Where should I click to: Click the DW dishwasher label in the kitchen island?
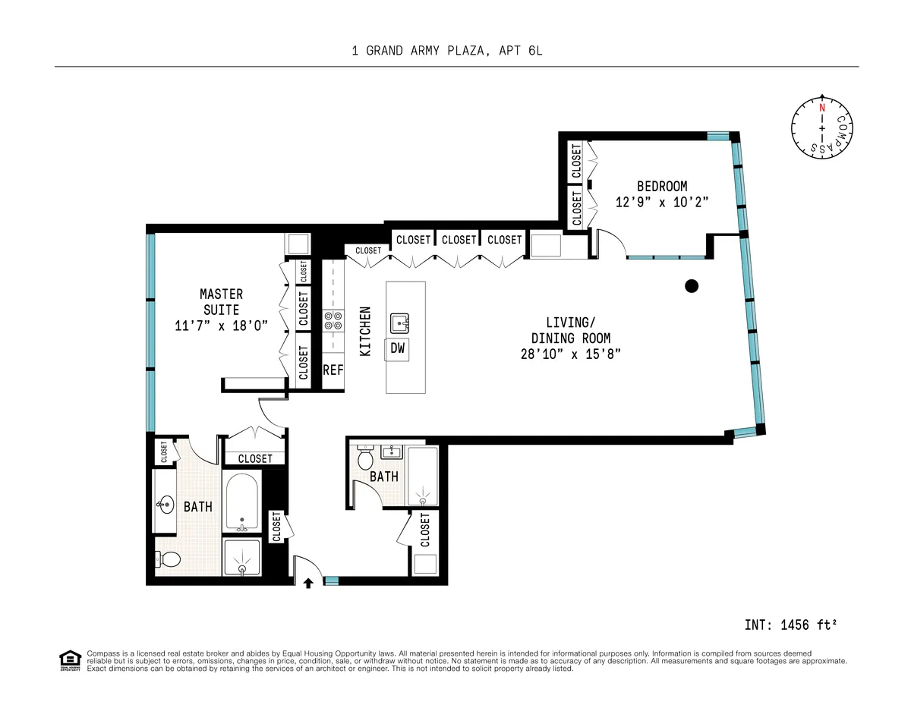(398, 348)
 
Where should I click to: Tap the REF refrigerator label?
(333, 370)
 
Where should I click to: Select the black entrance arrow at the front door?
(309, 583)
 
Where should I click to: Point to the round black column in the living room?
(691, 286)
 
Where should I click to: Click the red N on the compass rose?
(821, 108)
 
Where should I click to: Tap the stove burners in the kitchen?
(333, 320)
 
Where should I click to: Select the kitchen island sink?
(399, 323)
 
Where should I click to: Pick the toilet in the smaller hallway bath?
(364, 459)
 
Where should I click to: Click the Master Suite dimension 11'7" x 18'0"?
(221, 326)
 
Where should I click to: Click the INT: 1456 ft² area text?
(790, 625)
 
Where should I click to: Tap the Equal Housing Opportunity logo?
(69, 660)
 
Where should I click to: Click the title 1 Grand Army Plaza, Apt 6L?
(447, 51)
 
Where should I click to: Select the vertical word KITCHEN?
(365, 332)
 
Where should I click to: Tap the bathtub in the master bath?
(241, 502)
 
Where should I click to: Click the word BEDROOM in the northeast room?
(661, 186)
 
